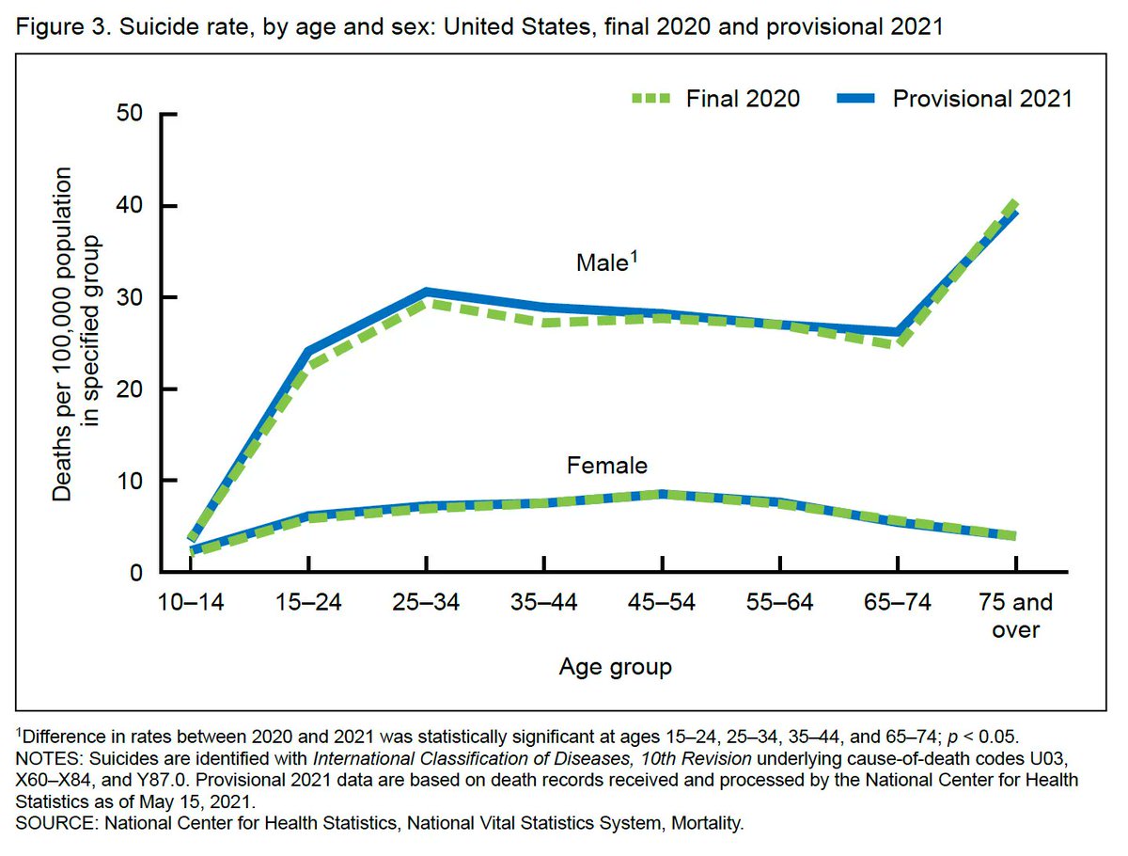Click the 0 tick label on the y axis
point(137,572)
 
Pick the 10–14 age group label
point(190,603)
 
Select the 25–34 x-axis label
point(426,603)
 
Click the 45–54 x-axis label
point(662,603)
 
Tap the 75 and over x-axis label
point(1015,615)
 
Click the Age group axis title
point(615,668)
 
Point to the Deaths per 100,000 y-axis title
point(75,334)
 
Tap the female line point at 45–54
point(662,494)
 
